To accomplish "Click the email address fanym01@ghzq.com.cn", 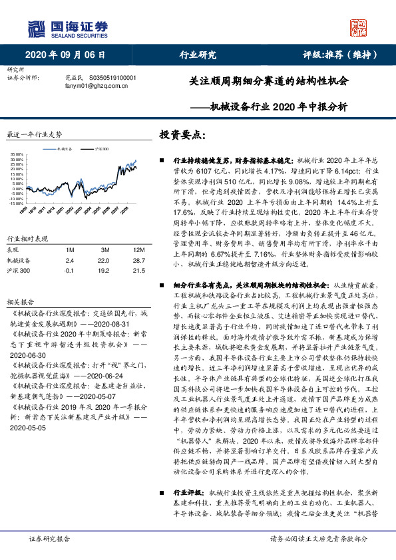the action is (x=96, y=85).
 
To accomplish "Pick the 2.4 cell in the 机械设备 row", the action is (x=69, y=260).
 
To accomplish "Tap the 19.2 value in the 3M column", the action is (x=104, y=271).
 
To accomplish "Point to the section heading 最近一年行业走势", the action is (x=34, y=134).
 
